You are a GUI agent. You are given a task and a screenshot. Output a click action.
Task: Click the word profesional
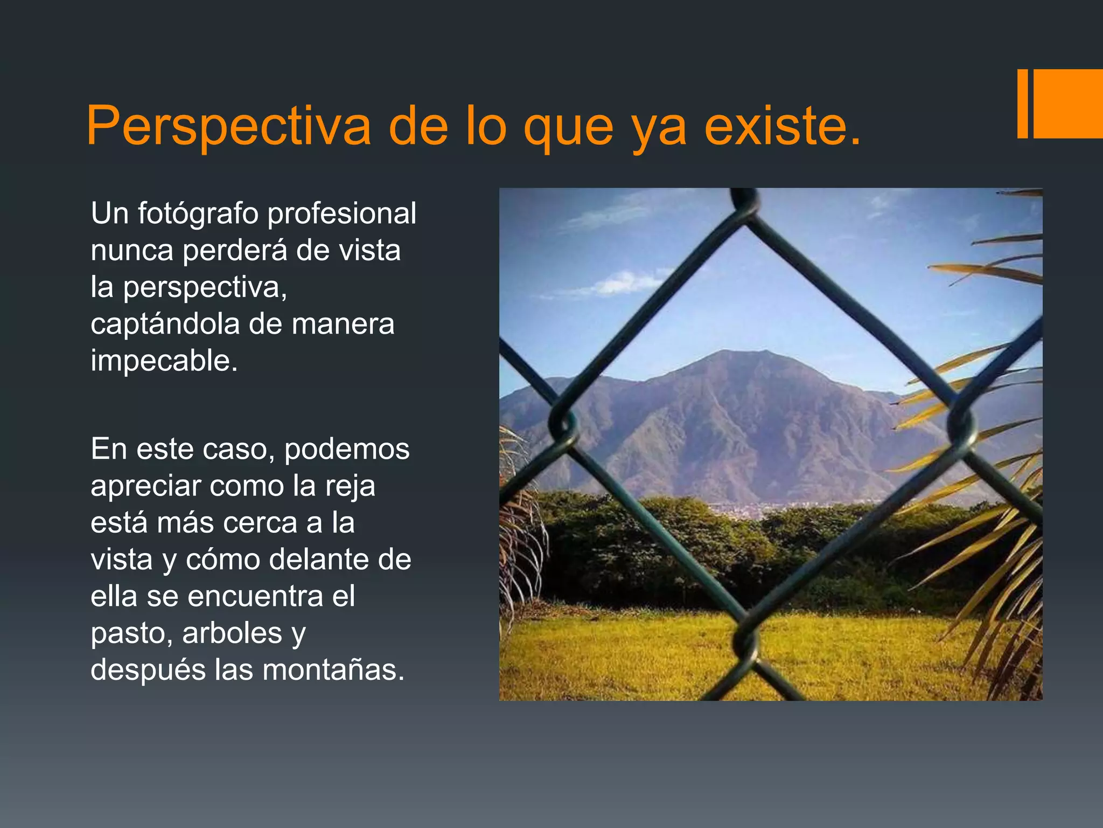pyautogui.click(x=342, y=214)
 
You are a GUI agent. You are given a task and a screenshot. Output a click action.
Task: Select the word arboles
pyautogui.click(x=232, y=633)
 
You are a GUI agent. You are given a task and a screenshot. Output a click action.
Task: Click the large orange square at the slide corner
pyautogui.click(x=1067, y=103)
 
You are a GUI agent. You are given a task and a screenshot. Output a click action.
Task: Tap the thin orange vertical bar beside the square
pyautogui.click(x=1022, y=103)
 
